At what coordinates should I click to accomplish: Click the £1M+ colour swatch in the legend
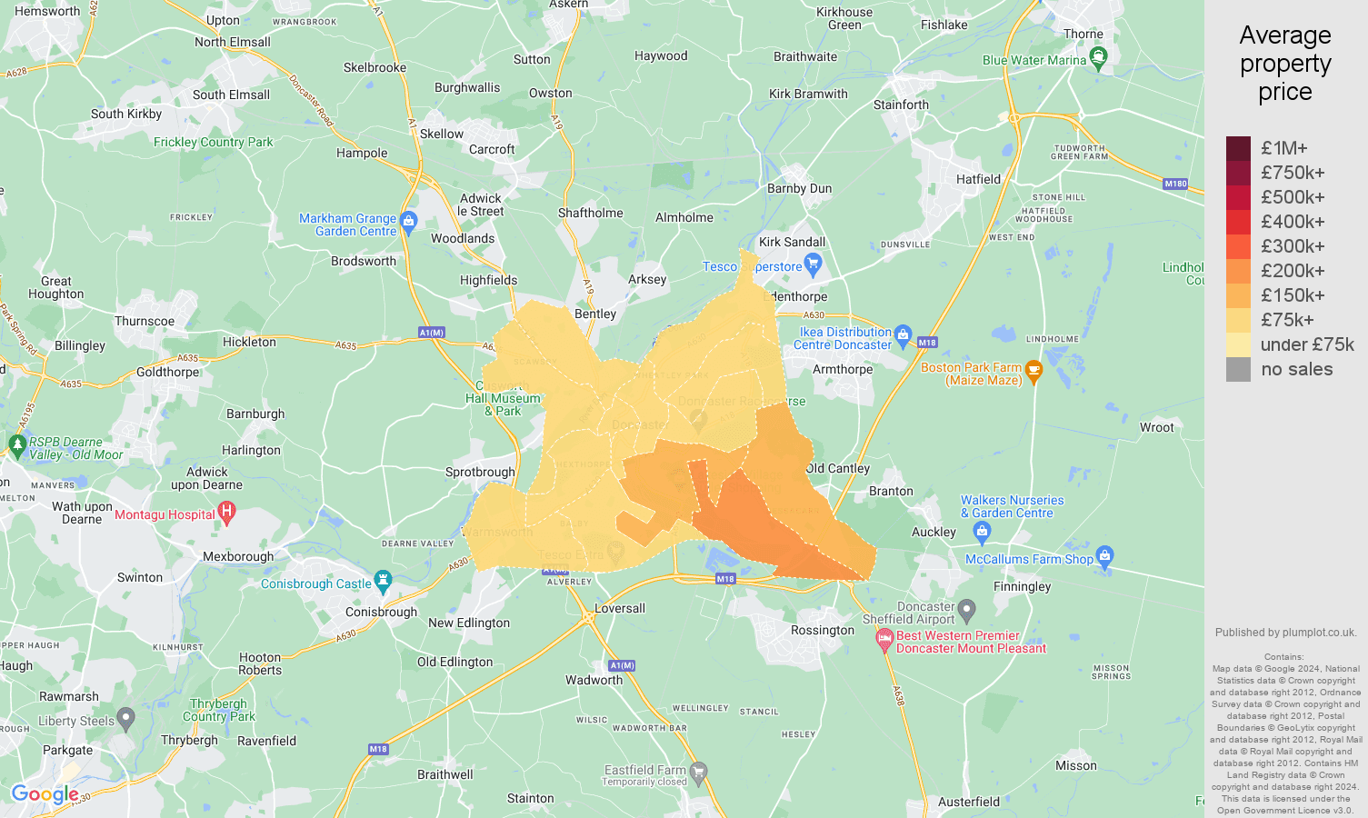[1238, 148]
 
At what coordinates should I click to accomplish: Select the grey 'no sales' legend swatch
[1238, 369]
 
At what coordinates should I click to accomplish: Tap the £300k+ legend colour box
[1238, 246]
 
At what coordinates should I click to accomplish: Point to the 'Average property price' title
[1284, 64]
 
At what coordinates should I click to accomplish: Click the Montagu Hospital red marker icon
[226, 514]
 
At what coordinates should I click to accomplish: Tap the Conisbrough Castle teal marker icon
[383, 581]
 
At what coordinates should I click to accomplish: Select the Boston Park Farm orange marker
[1033, 371]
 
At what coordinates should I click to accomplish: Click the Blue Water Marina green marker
[1098, 59]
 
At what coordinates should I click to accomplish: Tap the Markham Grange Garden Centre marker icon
[408, 222]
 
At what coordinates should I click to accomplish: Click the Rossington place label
[823, 630]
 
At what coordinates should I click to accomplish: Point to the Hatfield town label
[978, 179]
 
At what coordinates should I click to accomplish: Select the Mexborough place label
[238, 556]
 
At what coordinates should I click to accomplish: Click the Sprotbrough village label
[480, 472]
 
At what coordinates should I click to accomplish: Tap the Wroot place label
[1156, 427]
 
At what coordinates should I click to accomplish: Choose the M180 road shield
[1175, 184]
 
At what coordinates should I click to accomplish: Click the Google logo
[45, 794]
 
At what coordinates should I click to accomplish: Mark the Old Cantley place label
[838, 468]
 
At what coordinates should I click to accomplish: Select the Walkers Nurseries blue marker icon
[981, 530]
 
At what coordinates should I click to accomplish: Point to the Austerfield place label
[968, 802]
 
